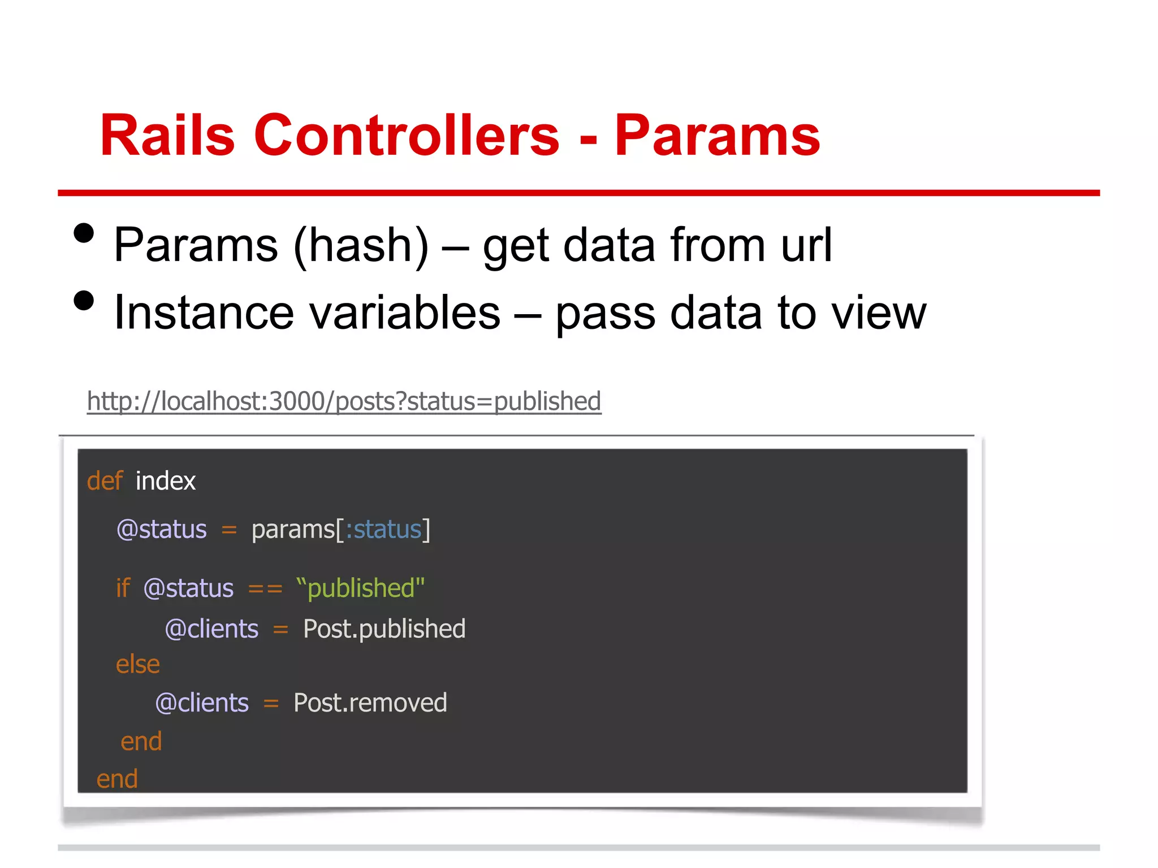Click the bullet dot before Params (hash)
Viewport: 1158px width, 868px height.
tap(84, 233)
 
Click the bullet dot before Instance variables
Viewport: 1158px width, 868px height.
tap(84, 301)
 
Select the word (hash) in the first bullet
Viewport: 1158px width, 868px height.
tap(361, 246)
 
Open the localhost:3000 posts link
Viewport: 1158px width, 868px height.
tap(344, 402)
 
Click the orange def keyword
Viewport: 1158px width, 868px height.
tap(105, 481)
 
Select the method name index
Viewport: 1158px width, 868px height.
tap(166, 481)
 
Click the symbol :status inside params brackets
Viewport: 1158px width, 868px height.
tap(384, 530)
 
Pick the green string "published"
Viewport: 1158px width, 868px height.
tap(360, 588)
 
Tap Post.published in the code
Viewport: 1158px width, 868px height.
tap(384, 630)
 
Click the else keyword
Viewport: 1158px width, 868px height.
tap(137, 665)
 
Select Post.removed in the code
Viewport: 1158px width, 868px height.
tap(370, 703)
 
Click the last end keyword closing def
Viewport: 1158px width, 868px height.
tap(117, 779)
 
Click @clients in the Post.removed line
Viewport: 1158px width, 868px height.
tap(202, 703)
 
